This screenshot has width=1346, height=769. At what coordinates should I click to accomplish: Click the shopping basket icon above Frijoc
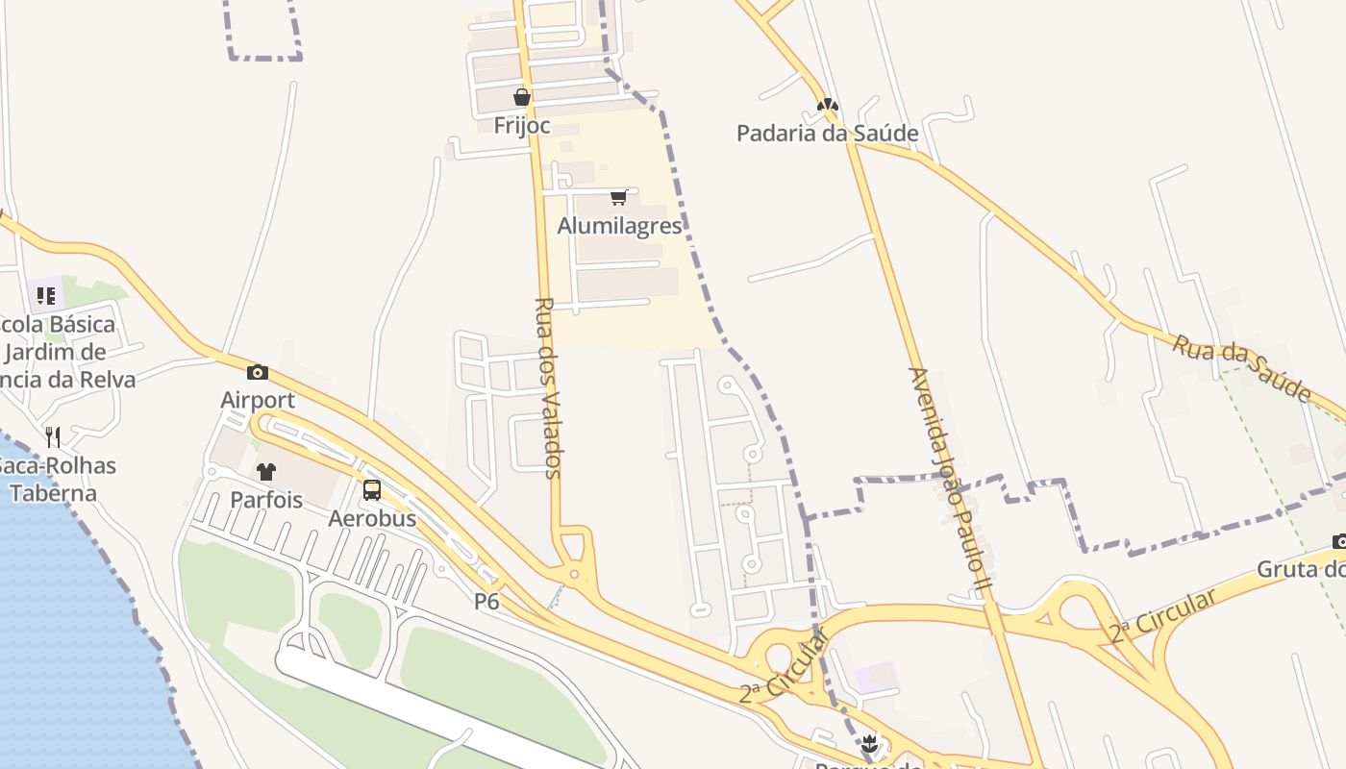[x=522, y=97]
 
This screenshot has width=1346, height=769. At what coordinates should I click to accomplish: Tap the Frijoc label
[x=522, y=125]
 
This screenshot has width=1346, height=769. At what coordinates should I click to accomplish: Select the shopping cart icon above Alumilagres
[x=618, y=198]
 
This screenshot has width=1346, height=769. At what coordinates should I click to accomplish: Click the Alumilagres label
[x=619, y=226]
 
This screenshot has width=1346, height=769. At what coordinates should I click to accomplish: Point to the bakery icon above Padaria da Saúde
[x=828, y=105]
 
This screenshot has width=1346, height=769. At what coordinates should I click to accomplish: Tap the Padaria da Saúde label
[x=827, y=133]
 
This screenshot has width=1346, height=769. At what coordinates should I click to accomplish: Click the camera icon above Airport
[x=258, y=372]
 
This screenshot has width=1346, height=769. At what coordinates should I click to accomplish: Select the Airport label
[x=258, y=400]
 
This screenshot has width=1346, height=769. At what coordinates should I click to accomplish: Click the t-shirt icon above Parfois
[x=266, y=472]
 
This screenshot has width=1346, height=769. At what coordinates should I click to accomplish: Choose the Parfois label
[x=266, y=500]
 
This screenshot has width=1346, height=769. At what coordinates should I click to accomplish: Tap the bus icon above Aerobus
[x=372, y=490]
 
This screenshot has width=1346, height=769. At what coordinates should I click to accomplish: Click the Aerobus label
[x=372, y=518]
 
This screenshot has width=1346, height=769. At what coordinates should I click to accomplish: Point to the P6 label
[x=486, y=601]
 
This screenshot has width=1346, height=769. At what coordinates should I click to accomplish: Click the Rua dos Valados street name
[x=546, y=387]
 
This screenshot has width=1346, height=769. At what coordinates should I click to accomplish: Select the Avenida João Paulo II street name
[x=949, y=481]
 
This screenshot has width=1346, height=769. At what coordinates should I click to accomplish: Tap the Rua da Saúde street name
[x=1242, y=367]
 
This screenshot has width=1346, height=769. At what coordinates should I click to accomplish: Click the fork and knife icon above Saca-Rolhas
[x=53, y=437]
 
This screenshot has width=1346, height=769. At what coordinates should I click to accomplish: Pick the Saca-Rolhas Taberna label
[x=58, y=480]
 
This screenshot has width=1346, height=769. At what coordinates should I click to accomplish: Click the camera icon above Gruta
[x=1339, y=541]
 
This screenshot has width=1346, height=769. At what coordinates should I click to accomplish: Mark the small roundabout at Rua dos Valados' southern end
[x=574, y=575]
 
